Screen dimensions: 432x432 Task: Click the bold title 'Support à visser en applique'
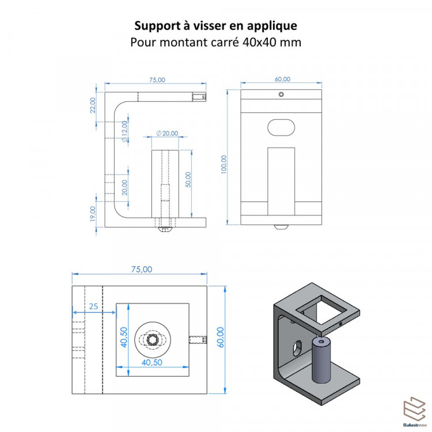216,25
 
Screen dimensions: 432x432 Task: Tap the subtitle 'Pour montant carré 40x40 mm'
216,42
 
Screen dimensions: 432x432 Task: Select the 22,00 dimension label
93,105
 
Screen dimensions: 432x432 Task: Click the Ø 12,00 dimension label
125,131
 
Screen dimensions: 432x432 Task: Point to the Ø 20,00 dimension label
167,134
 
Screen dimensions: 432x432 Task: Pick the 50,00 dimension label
188,180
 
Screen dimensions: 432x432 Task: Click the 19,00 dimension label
93,214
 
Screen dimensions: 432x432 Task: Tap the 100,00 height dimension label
223,164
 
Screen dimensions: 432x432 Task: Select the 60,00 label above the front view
282,79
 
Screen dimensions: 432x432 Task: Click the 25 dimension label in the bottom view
94,306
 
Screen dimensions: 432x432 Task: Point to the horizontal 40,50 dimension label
152,362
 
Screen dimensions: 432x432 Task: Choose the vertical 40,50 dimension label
124,337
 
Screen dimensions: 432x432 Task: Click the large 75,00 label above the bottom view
142,269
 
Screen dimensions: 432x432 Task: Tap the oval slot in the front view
281,127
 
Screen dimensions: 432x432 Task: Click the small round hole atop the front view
281,94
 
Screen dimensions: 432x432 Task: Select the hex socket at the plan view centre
153,339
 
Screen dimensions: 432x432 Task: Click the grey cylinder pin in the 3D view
321,361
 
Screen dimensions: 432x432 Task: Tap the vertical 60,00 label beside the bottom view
221,337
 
